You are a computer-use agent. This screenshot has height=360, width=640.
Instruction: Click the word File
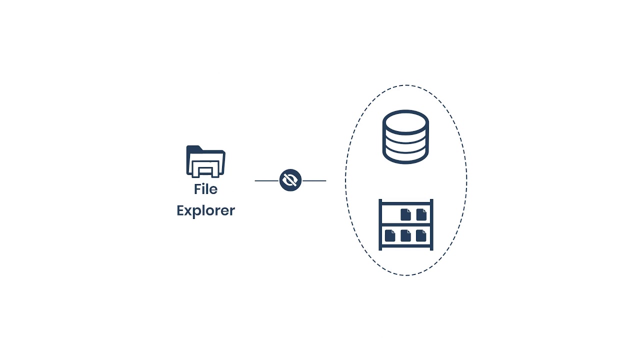(205, 189)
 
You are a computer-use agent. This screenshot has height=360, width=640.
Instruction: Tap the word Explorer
(205, 210)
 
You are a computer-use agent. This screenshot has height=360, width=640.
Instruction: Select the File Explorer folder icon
(205, 162)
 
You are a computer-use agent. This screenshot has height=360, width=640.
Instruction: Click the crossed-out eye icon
(290, 180)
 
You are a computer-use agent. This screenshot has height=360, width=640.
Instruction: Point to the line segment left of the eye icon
(266, 180)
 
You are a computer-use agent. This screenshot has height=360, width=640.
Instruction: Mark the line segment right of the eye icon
(314, 180)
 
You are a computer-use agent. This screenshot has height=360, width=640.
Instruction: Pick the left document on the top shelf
(405, 214)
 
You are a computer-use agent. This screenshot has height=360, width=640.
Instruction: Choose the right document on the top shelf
(421, 214)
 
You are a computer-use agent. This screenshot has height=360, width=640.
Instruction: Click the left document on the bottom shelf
(389, 235)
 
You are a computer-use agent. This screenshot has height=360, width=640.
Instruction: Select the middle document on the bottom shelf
(405, 235)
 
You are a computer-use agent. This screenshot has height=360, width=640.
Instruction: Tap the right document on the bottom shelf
(421, 235)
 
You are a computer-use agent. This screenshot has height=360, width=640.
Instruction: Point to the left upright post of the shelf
(380, 224)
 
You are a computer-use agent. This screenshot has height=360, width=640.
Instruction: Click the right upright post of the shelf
(431, 224)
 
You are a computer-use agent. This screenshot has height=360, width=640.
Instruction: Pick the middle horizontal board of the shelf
(406, 224)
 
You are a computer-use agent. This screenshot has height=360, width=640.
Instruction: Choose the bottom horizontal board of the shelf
(406, 244)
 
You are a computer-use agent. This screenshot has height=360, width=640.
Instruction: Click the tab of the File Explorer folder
(194, 148)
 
